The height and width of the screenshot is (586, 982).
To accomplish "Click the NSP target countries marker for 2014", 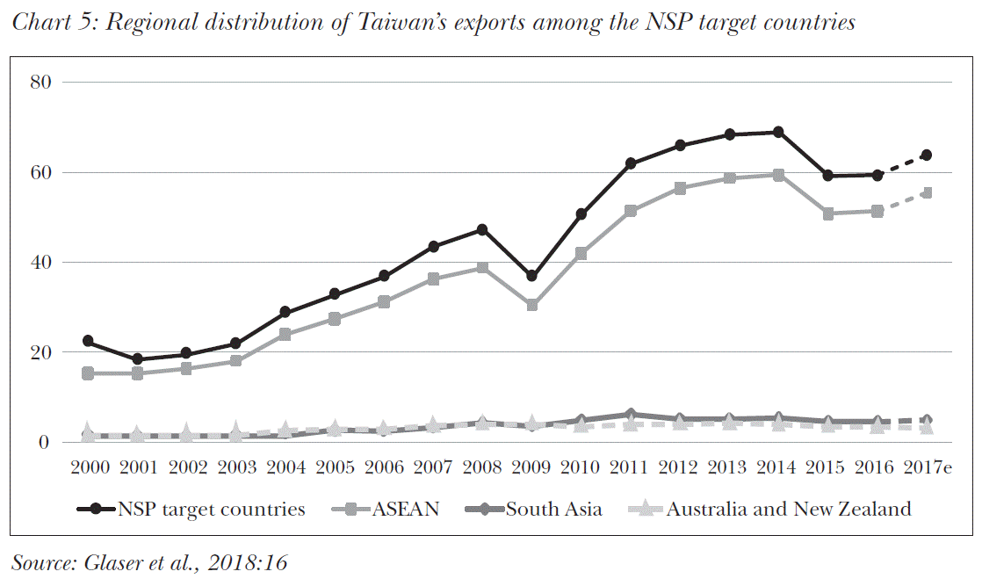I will pos(777,132).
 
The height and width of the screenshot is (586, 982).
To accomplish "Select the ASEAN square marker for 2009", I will pos(531,305).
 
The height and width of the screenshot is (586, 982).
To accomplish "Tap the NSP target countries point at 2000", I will pos(88,341).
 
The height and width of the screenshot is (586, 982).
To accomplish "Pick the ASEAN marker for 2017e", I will pos(926,192).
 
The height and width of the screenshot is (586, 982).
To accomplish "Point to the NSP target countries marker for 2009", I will pos(531,276).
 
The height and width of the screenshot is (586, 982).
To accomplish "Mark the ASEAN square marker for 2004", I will pos(285,335).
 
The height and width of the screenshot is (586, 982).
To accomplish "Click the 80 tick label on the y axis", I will pos(41,83).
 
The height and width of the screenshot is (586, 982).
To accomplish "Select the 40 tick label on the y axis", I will pos(41,263).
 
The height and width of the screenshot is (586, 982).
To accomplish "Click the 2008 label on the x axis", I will pos(482,466).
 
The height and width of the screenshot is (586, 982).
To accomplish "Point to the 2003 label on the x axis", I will pos(235,466).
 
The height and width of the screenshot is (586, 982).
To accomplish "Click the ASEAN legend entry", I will pos(405,509).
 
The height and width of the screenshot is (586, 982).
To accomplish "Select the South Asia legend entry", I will pos(553,509).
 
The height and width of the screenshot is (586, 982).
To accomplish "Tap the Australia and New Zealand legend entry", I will pos(789,509).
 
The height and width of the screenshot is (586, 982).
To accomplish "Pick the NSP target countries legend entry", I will pos(211,509).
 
